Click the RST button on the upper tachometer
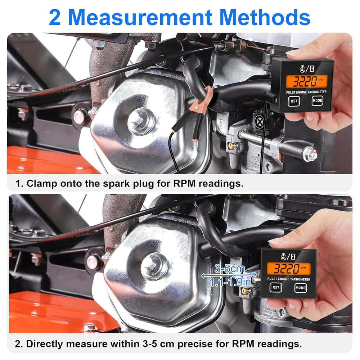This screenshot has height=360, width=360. coord(294,101)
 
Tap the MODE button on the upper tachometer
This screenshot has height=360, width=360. coord(317,101)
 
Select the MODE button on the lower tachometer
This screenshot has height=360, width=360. coord(300,288)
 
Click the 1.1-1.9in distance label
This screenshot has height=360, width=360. coord(230,282)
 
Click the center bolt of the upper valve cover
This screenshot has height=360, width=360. coord(139,120)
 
